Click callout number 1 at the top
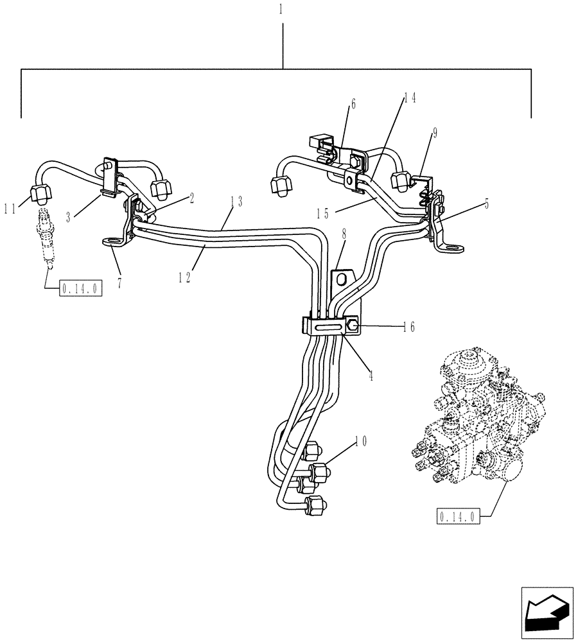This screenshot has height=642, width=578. coord(283,12)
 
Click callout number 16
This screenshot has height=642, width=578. coord(409,327)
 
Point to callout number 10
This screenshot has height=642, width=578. coord(362,441)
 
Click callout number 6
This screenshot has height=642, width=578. coord(352,103)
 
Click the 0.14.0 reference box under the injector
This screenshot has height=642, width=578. coord(81,289)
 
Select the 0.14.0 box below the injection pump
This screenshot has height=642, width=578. coord(458,516)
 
